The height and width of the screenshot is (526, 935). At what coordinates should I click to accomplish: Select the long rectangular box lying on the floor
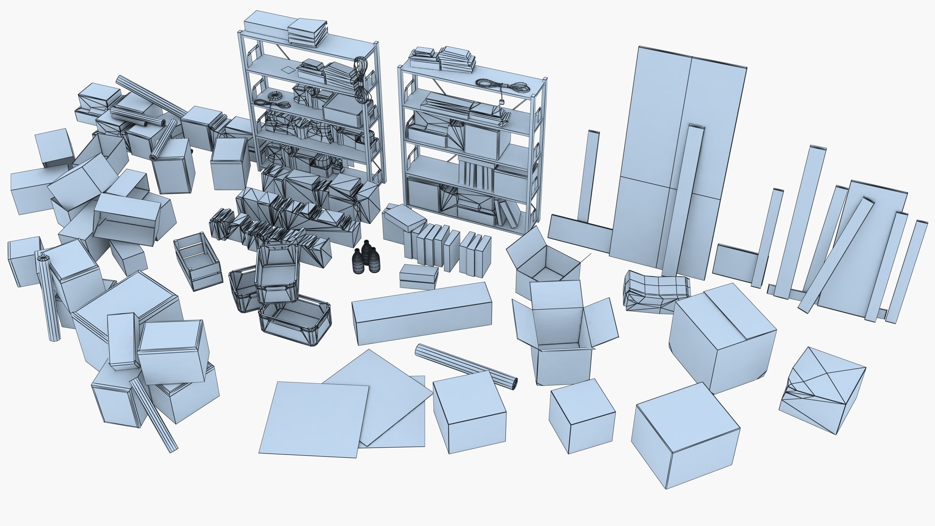point(422,313)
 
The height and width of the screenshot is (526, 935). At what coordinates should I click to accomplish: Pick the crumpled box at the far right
point(822,390)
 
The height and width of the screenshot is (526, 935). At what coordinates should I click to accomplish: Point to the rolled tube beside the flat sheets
point(466,365)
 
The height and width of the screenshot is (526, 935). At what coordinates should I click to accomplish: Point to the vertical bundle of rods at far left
point(49,297)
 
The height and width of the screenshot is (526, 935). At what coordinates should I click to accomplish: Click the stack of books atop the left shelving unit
point(307,33)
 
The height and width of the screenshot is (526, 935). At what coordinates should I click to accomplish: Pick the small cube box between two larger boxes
point(582,415)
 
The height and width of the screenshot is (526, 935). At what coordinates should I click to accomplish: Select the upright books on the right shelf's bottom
point(507,214)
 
